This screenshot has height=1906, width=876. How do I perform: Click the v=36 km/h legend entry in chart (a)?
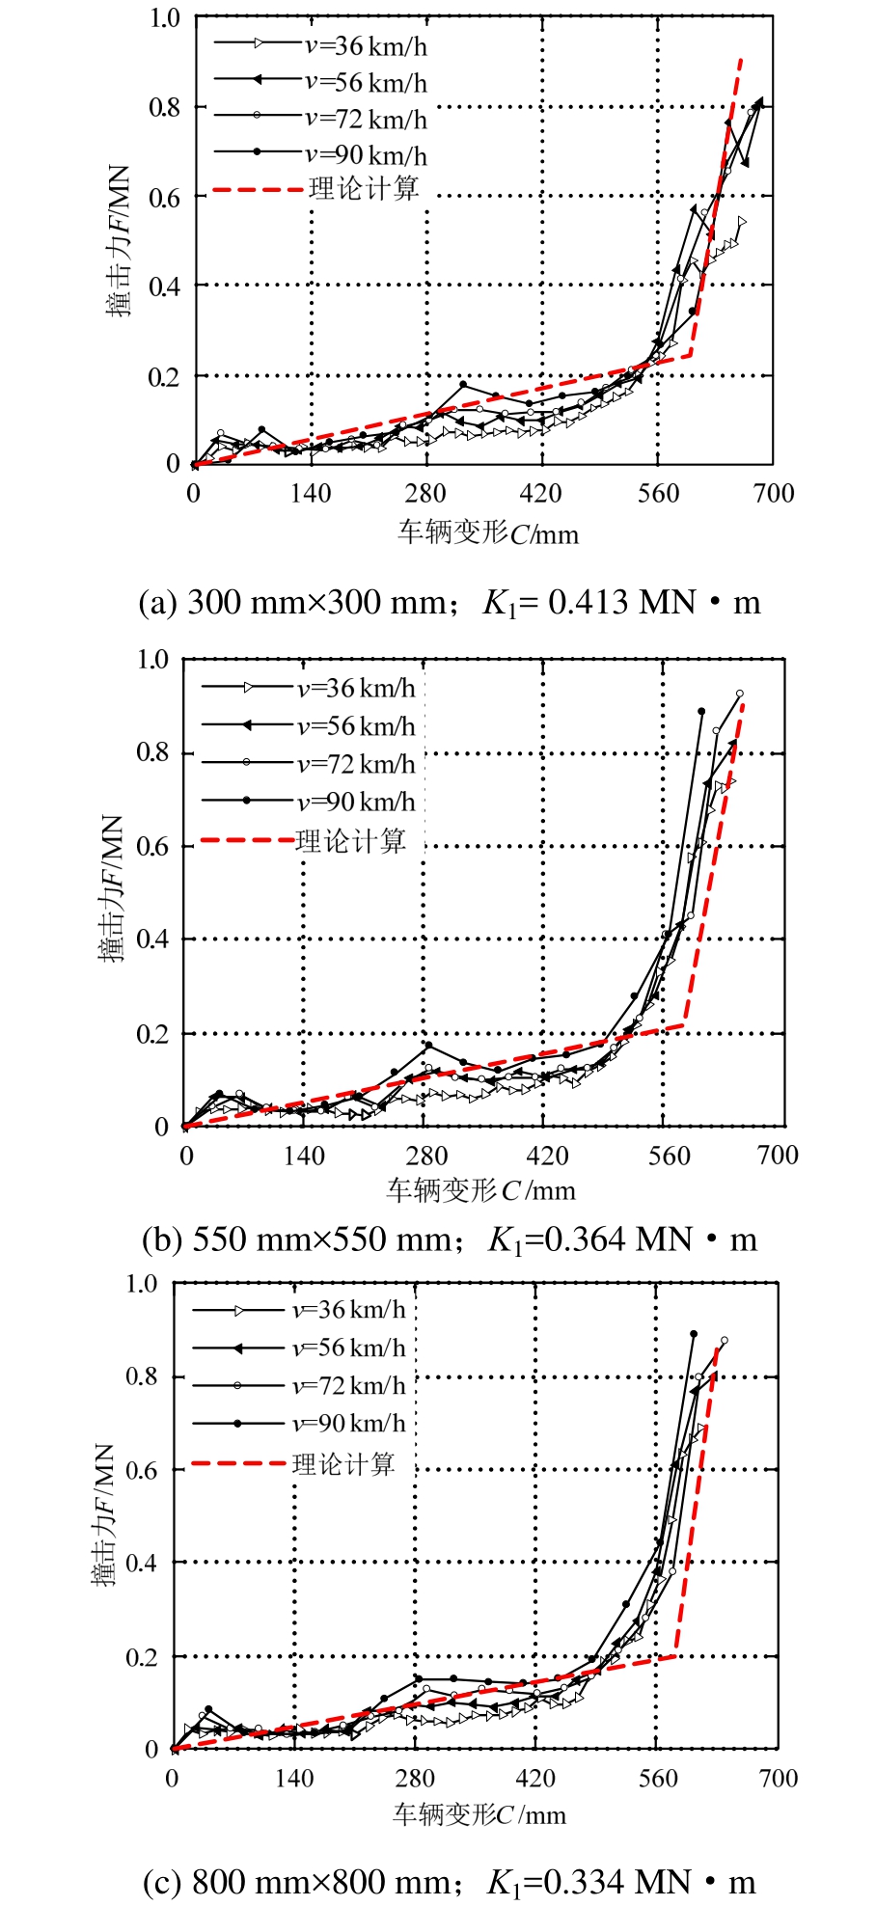[x=366, y=45]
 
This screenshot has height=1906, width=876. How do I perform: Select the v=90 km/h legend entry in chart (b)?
[x=356, y=802]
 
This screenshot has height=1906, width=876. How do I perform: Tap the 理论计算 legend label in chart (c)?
[x=343, y=1464]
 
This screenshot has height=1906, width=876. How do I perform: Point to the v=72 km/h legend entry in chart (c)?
[x=348, y=1385]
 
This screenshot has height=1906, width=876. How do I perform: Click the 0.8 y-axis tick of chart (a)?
[x=165, y=107]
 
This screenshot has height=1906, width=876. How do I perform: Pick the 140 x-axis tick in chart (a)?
[x=311, y=494]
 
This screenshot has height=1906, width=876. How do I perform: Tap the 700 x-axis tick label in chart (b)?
[x=778, y=1156]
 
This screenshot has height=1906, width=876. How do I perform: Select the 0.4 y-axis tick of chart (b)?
[x=152, y=939]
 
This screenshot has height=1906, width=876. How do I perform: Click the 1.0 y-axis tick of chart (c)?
[x=142, y=1284]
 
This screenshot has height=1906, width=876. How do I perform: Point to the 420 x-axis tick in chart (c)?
[x=535, y=1778]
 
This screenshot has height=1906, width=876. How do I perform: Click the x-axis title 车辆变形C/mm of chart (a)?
[x=488, y=532]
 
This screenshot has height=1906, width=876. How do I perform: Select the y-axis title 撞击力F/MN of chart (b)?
[x=112, y=888]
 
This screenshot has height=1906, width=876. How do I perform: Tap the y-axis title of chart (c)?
[x=103, y=1514]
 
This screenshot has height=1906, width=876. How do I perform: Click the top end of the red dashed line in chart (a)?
[x=741, y=59]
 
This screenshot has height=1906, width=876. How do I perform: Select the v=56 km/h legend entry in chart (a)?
[x=366, y=82]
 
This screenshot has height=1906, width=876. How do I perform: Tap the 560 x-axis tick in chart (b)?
[x=669, y=1156]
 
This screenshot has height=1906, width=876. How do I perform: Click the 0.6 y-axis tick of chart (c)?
[x=142, y=1471]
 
